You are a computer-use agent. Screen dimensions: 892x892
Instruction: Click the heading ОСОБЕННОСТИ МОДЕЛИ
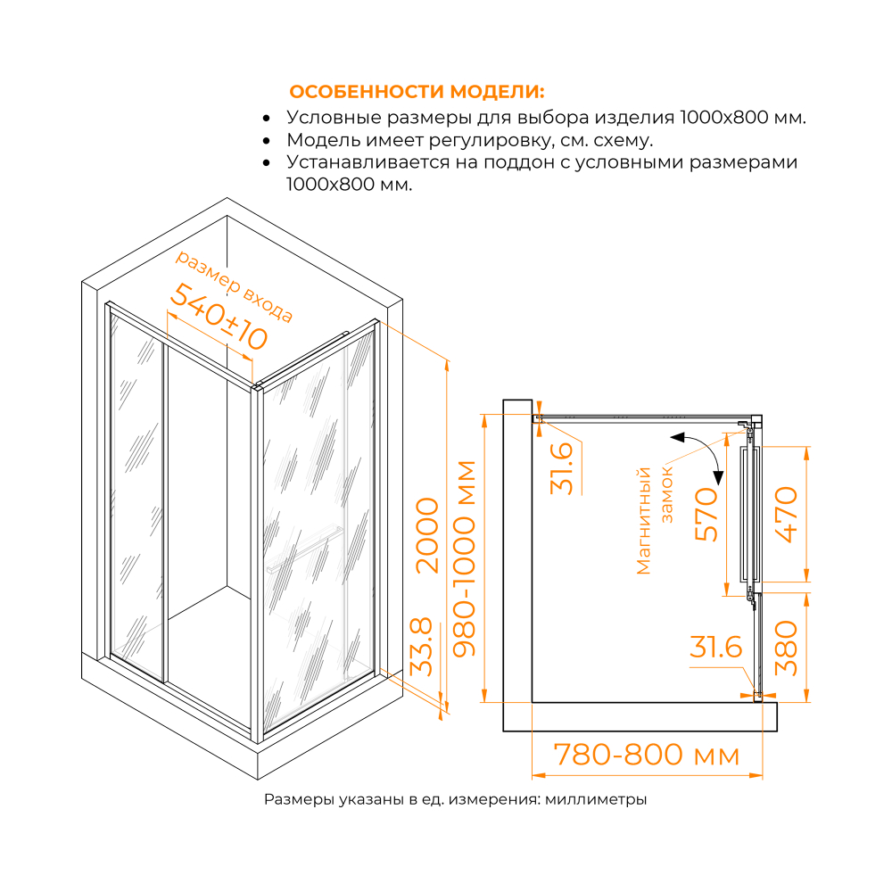tap(417, 93)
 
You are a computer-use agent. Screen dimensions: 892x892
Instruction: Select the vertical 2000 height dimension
tap(427, 534)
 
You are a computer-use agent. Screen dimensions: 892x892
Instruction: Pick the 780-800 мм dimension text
tap(647, 756)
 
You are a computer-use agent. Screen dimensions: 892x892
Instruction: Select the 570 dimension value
tap(706, 515)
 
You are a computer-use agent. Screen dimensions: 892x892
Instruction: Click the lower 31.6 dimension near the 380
tap(715, 648)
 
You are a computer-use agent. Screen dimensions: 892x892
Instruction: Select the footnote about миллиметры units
tap(455, 800)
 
